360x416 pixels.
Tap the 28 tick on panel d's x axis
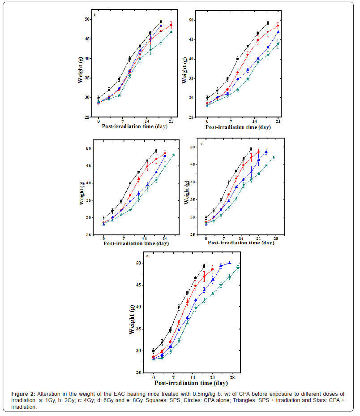277,238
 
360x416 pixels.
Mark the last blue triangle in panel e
230,263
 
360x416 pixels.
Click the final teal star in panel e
238,268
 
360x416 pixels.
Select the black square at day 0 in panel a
99,98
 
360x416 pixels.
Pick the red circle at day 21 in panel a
171,25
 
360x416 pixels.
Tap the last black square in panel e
204,266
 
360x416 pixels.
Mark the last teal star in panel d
274,157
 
